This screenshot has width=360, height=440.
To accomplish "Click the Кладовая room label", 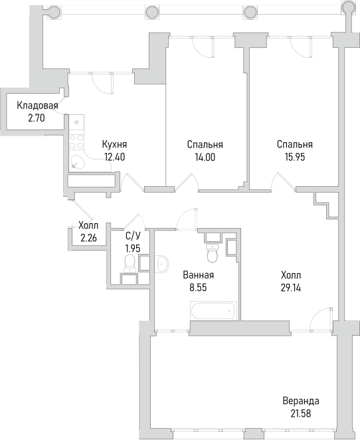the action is click(x=37, y=106).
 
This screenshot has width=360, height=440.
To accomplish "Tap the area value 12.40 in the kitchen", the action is click(x=115, y=157).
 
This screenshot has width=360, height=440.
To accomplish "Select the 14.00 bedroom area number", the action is click(x=205, y=157).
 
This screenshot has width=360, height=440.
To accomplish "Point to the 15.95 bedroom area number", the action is click(x=295, y=157).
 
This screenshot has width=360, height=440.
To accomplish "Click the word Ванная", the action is click(x=198, y=275).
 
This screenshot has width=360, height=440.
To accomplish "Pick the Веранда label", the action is click(x=301, y=401).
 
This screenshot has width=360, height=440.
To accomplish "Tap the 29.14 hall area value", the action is click(x=291, y=288).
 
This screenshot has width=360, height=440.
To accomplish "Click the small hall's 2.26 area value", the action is click(x=88, y=238).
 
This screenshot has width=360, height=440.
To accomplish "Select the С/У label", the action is click(x=133, y=236).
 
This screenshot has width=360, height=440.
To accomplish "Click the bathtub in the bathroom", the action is click(x=214, y=310).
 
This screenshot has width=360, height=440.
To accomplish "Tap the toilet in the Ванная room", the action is click(x=213, y=253).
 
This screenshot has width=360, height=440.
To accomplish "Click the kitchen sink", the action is click(x=77, y=162).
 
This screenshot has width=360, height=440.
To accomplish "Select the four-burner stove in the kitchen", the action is click(x=76, y=142).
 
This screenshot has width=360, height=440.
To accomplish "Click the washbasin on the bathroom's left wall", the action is click(x=162, y=264).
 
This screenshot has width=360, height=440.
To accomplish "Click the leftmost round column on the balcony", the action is click(x=53, y=12).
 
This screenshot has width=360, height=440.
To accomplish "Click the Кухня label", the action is click(x=114, y=144).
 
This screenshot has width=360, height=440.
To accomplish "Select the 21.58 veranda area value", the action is click(x=301, y=413).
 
